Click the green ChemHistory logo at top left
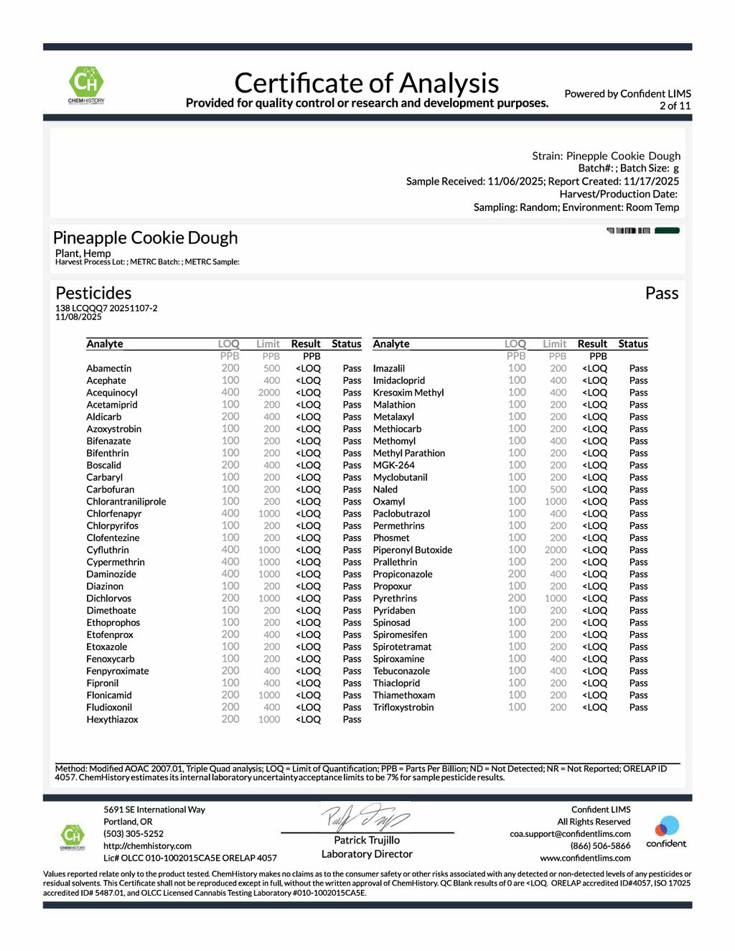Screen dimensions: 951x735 click(86, 84)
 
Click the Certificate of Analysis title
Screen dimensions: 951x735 click(366, 83)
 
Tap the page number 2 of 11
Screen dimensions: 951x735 click(675, 106)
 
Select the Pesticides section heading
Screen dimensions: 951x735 click(93, 293)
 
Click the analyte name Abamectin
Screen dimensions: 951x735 click(109, 368)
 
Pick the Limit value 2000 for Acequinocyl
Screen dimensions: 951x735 click(269, 393)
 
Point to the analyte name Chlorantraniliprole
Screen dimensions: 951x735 click(126, 502)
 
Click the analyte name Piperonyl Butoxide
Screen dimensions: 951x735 click(412, 550)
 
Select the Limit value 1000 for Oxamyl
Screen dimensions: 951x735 click(556, 502)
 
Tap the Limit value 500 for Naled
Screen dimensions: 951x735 click(558, 489)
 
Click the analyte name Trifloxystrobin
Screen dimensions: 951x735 click(403, 707)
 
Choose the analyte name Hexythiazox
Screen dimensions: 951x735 click(112, 719)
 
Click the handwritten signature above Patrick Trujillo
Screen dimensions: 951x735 click(365, 817)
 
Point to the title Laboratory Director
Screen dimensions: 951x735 click(367, 854)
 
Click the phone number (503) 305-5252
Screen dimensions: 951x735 click(134, 834)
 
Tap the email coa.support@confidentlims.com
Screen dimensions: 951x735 click(570, 834)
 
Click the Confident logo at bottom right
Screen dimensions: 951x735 click(666, 831)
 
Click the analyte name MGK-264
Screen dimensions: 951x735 click(393, 465)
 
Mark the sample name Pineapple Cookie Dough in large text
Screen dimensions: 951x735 click(145, 238)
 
